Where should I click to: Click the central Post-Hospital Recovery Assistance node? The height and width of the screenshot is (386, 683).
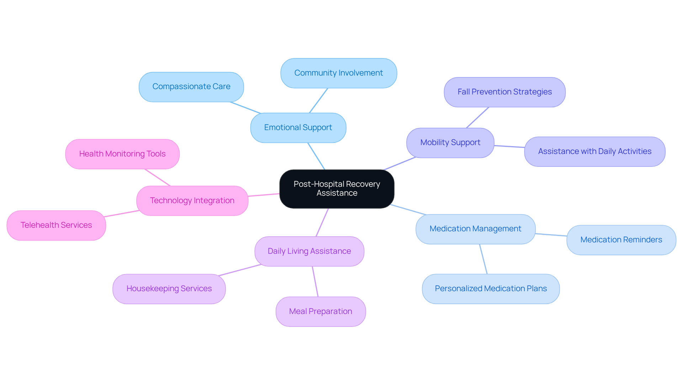point(337,189)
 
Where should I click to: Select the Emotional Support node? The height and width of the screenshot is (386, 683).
point(298,128)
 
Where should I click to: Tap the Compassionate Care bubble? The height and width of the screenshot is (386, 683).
point(191,87)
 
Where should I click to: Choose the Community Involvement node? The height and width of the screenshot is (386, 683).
point(338,73)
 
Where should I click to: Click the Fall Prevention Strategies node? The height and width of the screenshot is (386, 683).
point(504,92)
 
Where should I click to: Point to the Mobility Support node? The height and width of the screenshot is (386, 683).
point(450,143)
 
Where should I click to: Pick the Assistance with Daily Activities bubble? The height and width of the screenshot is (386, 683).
point(594,151)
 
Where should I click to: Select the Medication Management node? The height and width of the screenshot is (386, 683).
point(475,229)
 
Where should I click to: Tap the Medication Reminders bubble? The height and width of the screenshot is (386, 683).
point(621,240)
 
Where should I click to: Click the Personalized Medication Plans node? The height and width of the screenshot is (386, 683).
point(491,289)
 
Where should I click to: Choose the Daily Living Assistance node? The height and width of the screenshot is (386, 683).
point(309,251)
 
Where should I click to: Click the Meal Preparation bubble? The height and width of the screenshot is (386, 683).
point(321,312)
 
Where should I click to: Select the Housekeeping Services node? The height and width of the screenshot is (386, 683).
point(169,289)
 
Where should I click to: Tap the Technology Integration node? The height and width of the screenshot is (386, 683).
point(192,201)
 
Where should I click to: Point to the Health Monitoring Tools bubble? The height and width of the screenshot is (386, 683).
point(122,154)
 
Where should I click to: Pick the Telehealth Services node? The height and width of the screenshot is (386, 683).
point(56,225)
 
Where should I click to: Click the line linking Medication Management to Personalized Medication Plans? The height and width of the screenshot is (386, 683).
point(483,259)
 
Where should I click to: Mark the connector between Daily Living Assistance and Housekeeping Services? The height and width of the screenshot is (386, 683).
point(240,270)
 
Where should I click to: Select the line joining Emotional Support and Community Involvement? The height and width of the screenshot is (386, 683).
point(318,101)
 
